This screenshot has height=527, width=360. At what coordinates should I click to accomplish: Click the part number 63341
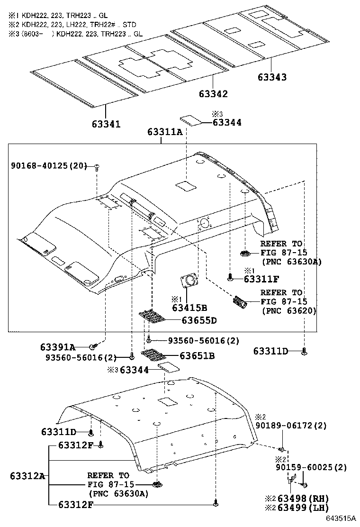106,124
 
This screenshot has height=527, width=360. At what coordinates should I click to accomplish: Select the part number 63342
213,94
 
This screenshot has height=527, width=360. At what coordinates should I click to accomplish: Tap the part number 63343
272,77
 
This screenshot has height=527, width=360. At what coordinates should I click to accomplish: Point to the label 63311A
164,132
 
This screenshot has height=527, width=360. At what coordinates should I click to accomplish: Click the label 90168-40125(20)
49,165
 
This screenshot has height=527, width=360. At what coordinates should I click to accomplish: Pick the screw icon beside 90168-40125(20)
97,166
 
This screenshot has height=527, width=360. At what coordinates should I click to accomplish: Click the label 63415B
189,308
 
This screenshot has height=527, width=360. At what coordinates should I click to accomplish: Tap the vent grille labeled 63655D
153,317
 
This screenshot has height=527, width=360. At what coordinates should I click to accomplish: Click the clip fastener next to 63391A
93,347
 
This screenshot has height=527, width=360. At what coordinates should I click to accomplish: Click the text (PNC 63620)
288,310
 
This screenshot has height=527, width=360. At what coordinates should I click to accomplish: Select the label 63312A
27,476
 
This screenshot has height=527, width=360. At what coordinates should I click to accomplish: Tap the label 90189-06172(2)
291,426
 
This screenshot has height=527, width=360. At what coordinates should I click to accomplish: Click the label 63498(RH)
303,499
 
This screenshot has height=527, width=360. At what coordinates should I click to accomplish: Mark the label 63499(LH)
303,508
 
